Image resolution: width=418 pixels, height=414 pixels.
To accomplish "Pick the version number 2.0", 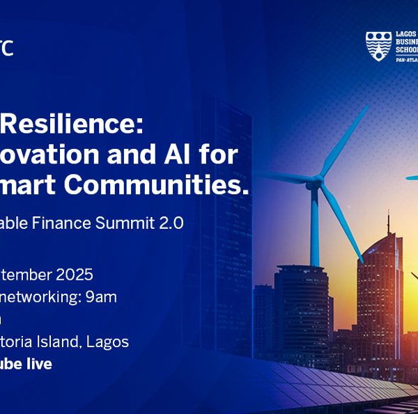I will pyautogui.click(x=171, y=223).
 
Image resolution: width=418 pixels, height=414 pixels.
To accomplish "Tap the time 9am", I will pyautogui.click(x=101, y=297).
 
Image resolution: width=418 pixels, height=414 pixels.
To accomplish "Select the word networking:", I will pyautogui.click(x=41, y=297).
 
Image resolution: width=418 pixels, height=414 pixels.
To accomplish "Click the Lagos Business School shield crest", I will pyautogui.click(x=377, y=46).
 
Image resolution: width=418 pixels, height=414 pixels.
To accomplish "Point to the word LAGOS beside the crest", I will pyautogui.click(x=405, y=34).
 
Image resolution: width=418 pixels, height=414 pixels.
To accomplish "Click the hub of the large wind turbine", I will pyautogui.click(x=316, y=182).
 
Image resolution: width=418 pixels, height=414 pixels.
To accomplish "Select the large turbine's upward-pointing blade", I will pyautogui.click(x=344, y=140).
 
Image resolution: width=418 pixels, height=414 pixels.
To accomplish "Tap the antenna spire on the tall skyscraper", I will pyautogui.click(x=388, y=221).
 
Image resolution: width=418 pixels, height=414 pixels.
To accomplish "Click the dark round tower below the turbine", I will pyautogui.click(x=300, y=306).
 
